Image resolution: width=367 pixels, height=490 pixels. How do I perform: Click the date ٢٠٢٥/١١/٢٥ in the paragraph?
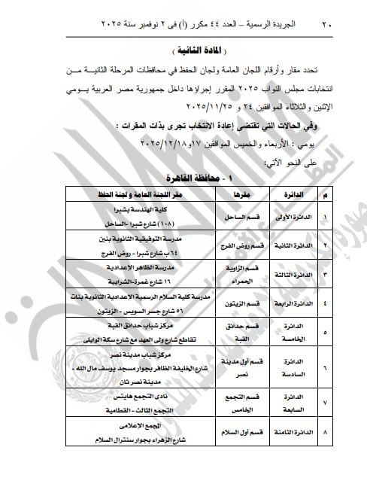174,98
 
